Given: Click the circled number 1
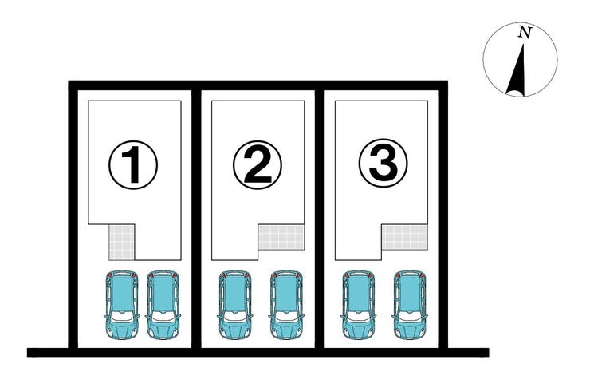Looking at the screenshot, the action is [133, 165].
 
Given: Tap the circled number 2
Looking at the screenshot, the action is [258, 165].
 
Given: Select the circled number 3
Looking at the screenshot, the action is [383, 164].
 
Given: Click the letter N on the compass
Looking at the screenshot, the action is [525, 33].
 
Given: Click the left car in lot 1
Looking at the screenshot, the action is [122, 304].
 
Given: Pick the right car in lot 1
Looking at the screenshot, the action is [163, 304].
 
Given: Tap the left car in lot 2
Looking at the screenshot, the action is [235, 304].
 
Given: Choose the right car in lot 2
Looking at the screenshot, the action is [286, 304].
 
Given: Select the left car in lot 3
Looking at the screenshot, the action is [359, 304].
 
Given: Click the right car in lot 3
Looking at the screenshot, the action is [410, 304].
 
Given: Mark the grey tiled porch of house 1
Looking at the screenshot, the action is [121, 243].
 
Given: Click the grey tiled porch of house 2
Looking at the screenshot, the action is [281, 237].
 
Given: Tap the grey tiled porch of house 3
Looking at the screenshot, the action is [405, 237].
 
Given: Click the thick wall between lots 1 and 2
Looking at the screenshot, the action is [196, 219].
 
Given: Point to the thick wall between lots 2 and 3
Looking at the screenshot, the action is [320, 219].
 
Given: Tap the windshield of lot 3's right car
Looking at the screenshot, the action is [410, 316].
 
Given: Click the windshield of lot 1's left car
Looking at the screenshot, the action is [122, 316].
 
